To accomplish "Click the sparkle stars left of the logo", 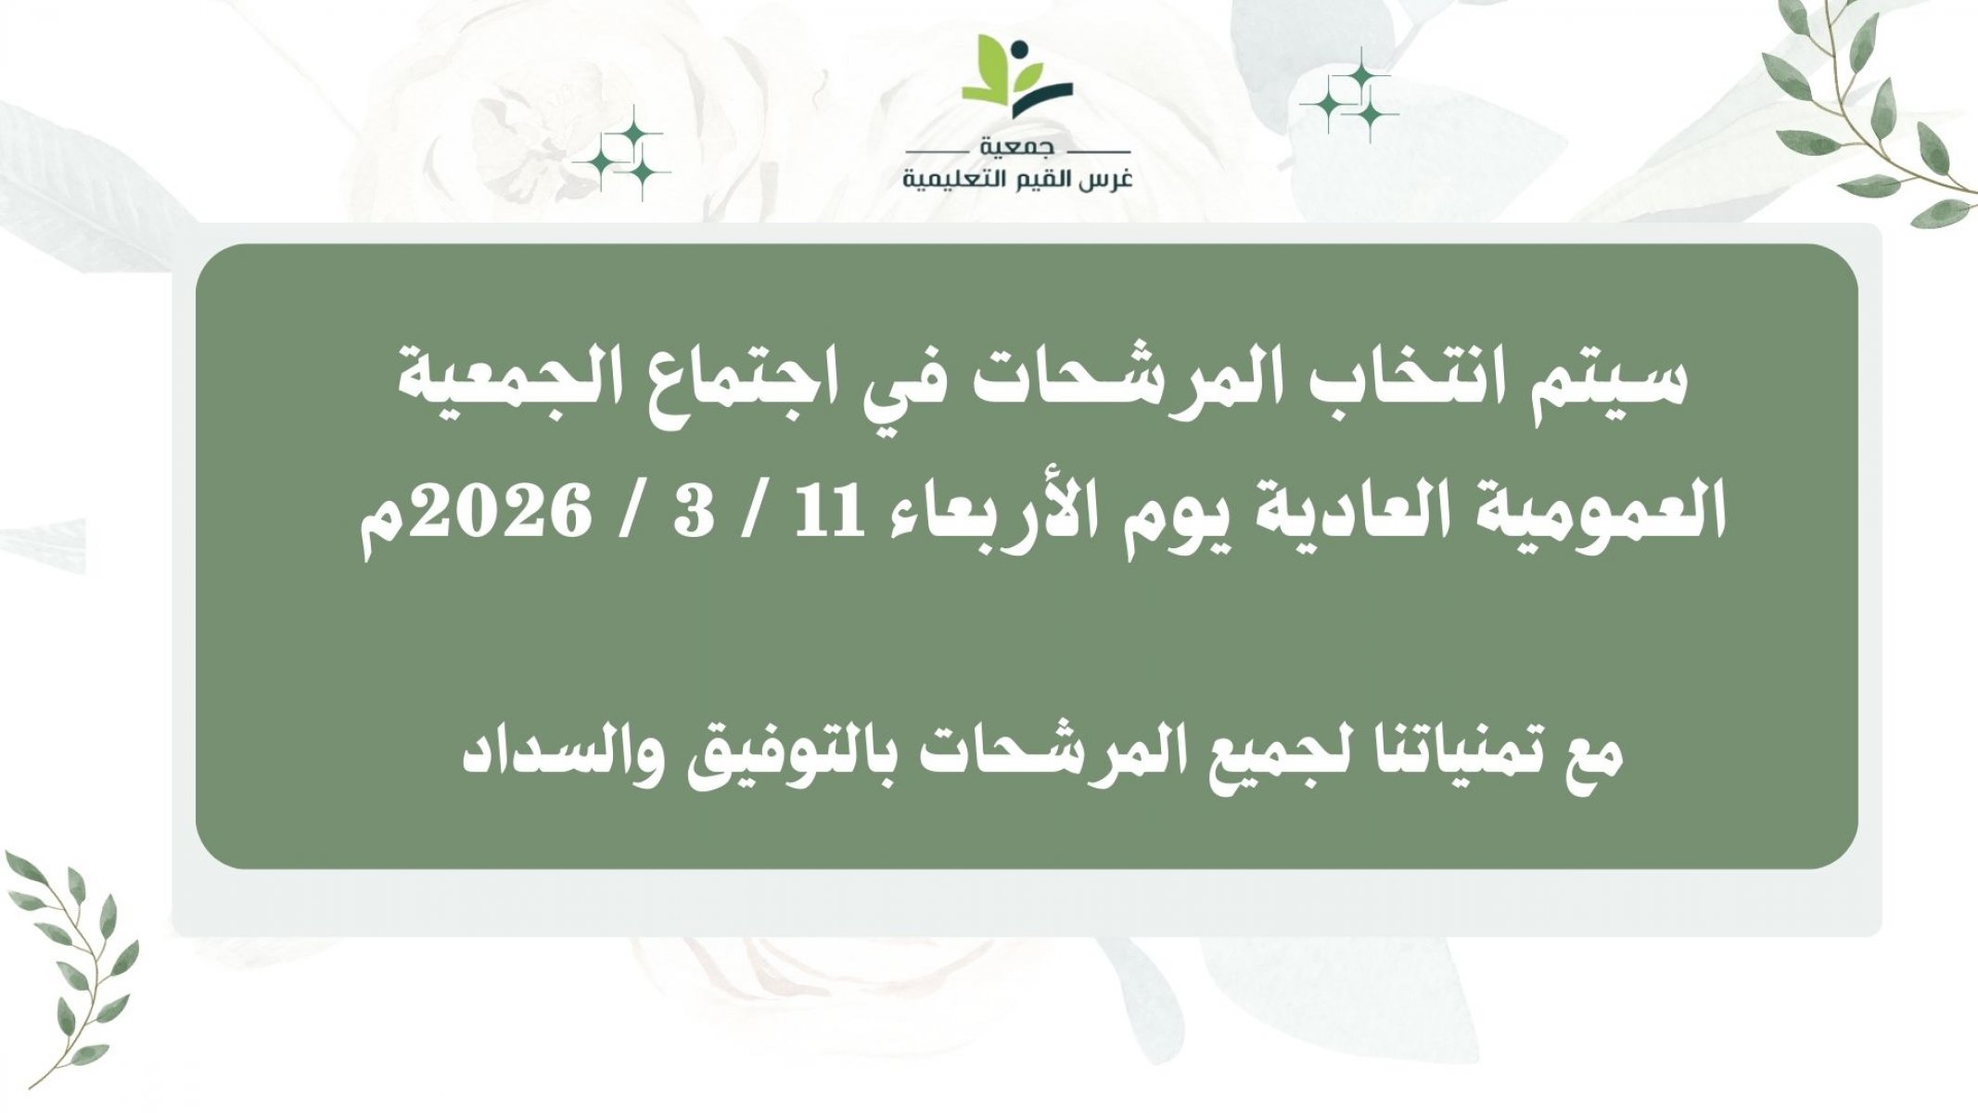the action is pos(621,154).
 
